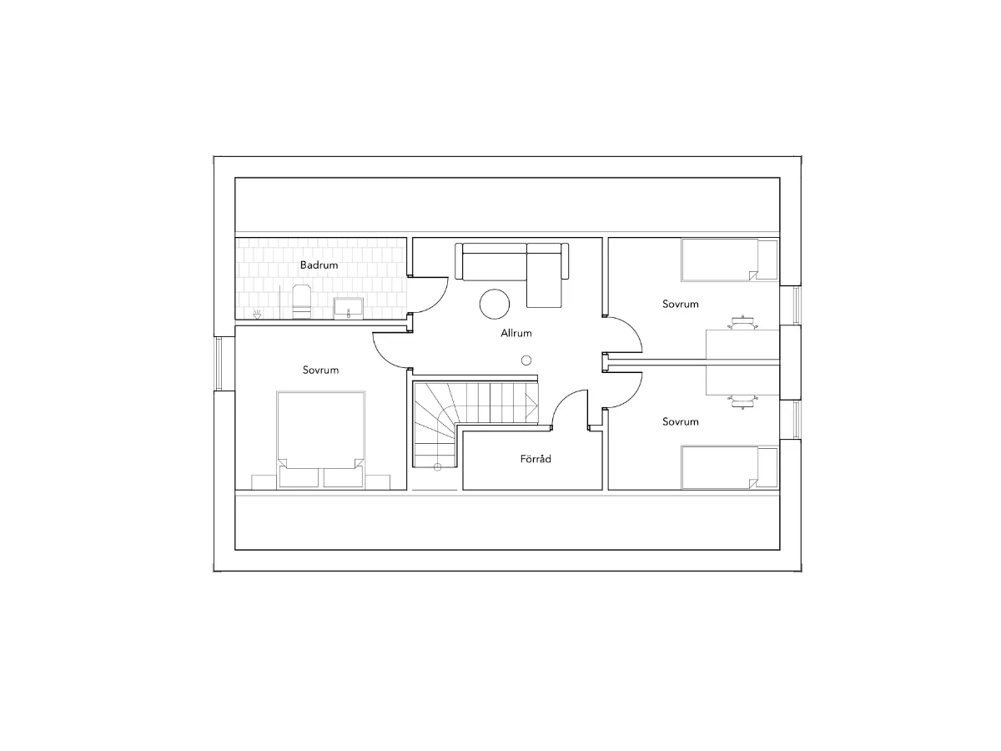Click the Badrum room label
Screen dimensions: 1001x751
[x=319, y=265]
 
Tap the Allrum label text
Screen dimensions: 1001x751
[x=516, y=333]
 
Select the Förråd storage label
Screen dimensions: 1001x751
[x=536, y=459]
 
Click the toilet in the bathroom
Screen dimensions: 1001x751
[x=301, y=301]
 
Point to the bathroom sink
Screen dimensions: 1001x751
[x=349, y=308]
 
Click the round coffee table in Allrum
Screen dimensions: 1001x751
[x=495, y=304]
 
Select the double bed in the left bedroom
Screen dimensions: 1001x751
[x=320, y=439]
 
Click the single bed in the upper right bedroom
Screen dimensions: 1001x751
[x=730, y=260]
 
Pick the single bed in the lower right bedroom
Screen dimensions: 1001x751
[x=730, y=467]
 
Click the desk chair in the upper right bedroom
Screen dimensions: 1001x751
[x=743, y=323]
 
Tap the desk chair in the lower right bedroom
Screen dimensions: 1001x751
[x=743, y=401]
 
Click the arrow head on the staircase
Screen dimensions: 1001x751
[x=531, y=405]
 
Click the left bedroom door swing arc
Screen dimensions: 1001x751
[x=382, y=356]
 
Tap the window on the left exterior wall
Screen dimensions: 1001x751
[x=219, y=364]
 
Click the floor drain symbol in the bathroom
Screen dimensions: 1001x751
[x=257, y=315]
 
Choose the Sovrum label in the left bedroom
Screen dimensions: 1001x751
[x=320, y=370]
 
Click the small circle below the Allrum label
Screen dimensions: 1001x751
[x=526, y=360]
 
